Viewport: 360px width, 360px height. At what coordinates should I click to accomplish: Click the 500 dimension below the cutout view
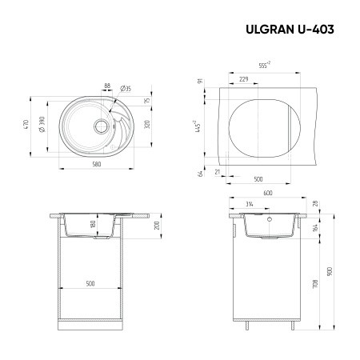pos(258,179)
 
